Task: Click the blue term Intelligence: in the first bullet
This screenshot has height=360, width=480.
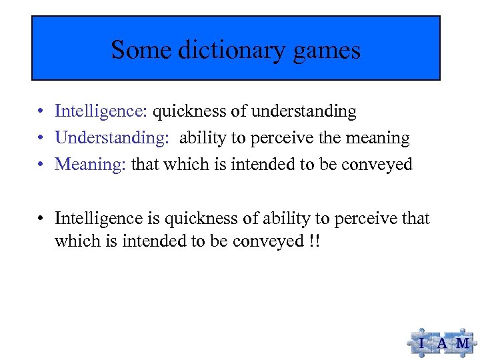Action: tap(102, 111)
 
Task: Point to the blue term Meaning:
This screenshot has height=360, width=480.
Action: tap(91, 164)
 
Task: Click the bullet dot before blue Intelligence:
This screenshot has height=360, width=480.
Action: tap(41, 112)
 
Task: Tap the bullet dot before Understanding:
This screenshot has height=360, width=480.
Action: tap(41, 139)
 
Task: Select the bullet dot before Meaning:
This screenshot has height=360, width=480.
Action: tap(41, 165)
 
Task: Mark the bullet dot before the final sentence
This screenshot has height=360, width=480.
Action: tap(41, 219)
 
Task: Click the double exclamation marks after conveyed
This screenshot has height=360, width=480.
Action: tap(314, 240)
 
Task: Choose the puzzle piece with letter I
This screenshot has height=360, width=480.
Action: tap(421, 343)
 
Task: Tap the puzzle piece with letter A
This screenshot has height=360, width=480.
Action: tap(442, 343)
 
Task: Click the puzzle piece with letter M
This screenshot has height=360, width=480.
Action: tap(462, 343)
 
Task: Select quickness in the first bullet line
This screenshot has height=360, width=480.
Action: tap(185, 111)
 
